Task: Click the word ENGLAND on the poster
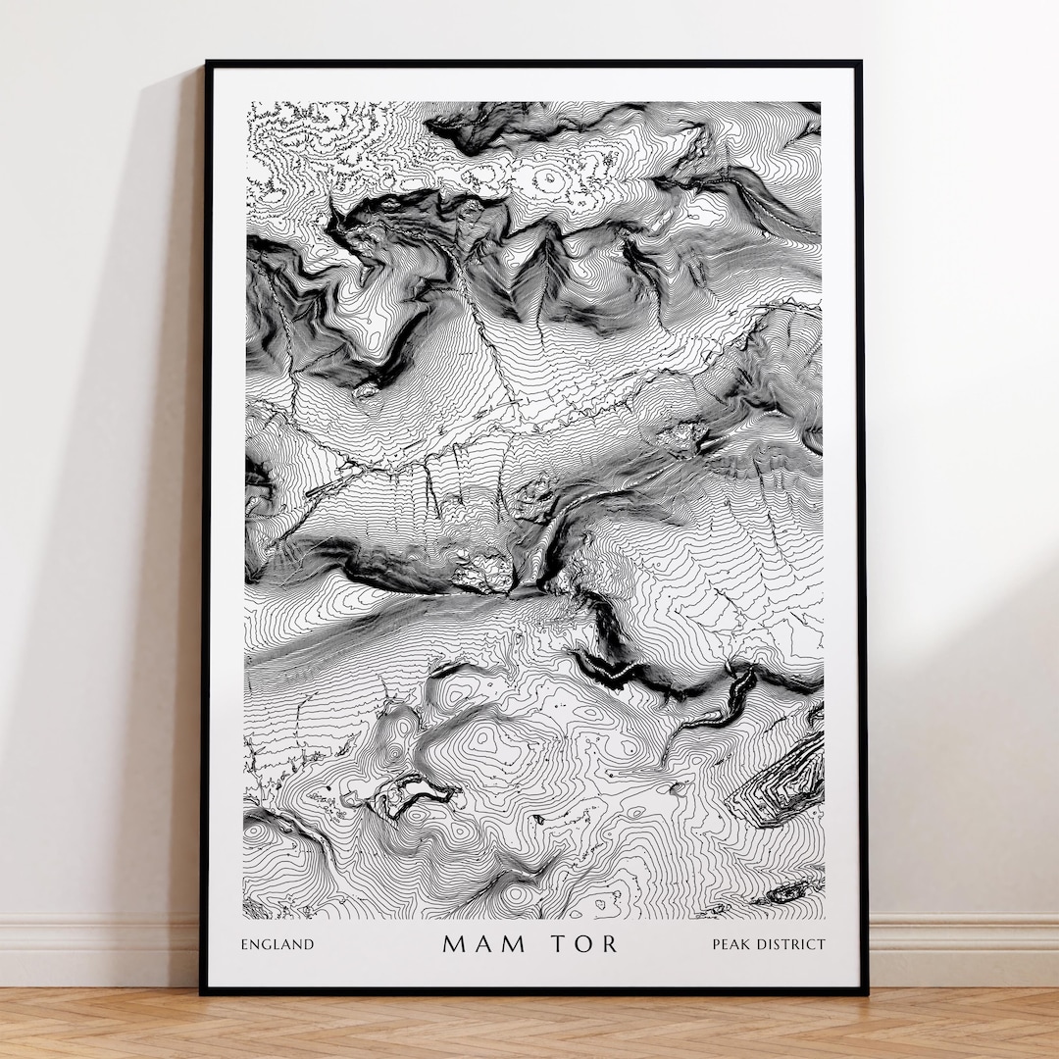[x=277, y=945]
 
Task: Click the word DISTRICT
[x=790, y=945]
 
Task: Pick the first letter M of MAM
[x=453, y=944]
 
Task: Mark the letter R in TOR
[x=609, y=944]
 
